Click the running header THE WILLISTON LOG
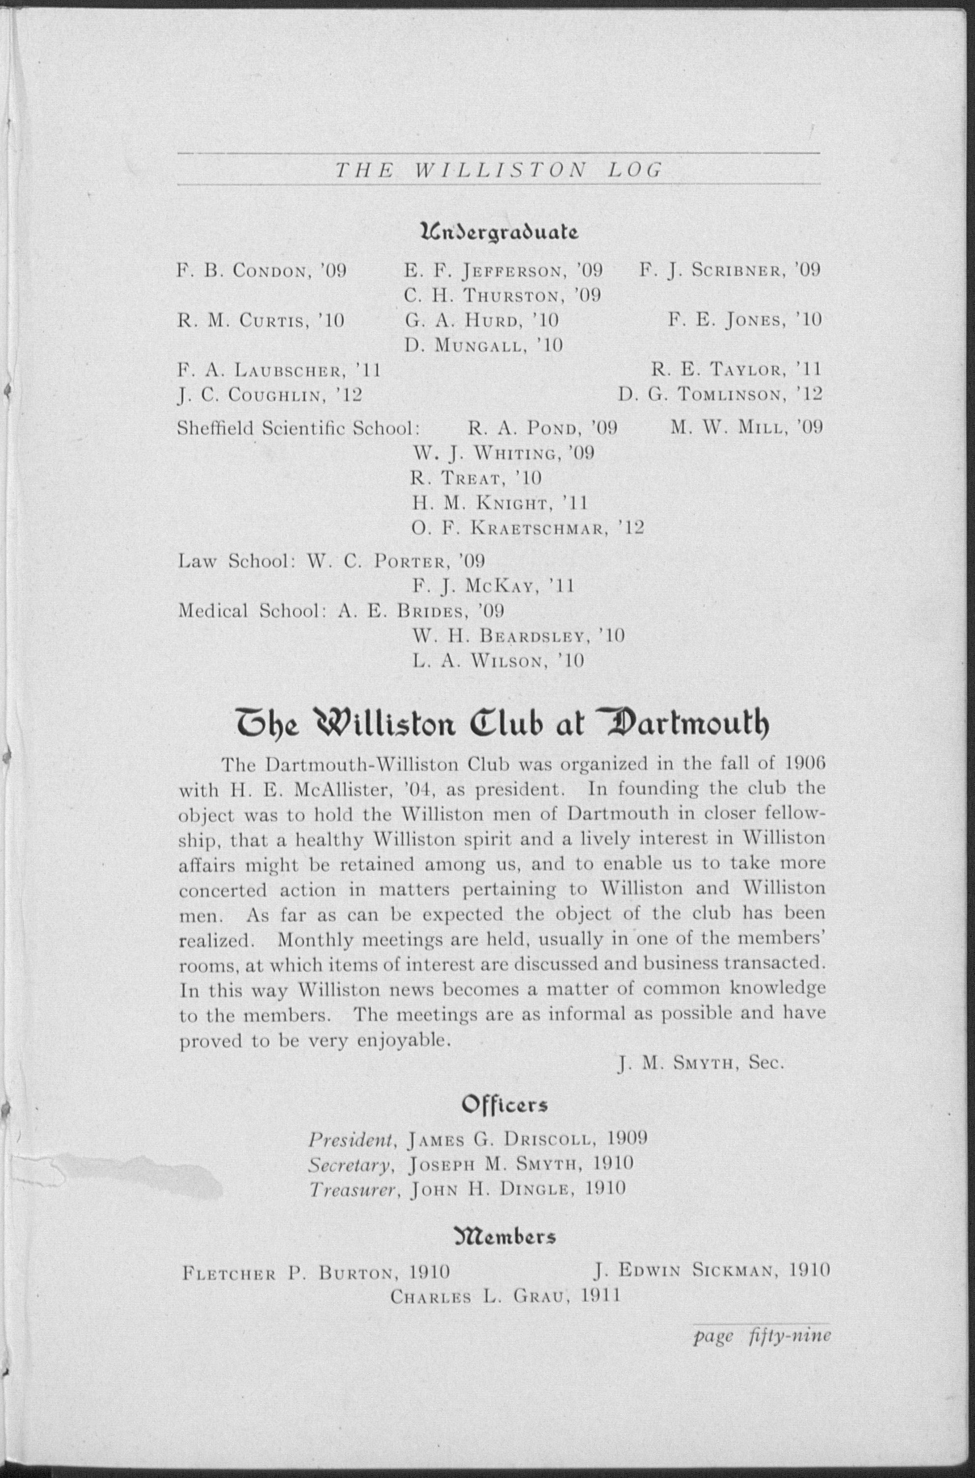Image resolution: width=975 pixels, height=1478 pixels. click(498, 170)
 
